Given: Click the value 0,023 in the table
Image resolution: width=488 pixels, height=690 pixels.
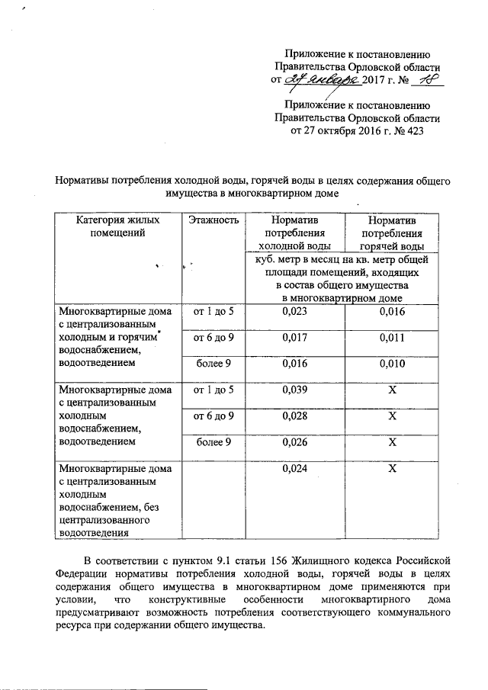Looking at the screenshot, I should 294,312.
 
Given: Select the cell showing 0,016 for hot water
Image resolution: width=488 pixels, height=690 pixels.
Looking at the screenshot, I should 392,312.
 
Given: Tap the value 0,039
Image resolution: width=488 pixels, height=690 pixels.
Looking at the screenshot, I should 294,390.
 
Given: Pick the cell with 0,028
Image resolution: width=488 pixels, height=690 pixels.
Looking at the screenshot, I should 294,416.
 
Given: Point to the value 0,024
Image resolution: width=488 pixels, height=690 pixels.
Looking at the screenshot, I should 294,469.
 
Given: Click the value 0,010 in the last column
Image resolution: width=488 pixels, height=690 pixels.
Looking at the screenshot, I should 392,364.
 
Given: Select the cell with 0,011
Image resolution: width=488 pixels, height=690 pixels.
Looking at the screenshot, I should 392,337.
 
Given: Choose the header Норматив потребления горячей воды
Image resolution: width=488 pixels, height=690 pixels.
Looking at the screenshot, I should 392,233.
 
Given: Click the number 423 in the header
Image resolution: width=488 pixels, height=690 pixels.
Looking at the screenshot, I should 413,131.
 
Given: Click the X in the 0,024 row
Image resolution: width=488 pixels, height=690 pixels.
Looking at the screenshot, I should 392,469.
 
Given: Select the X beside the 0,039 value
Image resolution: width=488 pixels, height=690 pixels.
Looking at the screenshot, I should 392,390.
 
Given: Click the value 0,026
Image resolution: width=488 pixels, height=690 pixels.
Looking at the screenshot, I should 294,443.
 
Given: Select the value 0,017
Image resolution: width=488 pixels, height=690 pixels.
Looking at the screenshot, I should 294,337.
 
